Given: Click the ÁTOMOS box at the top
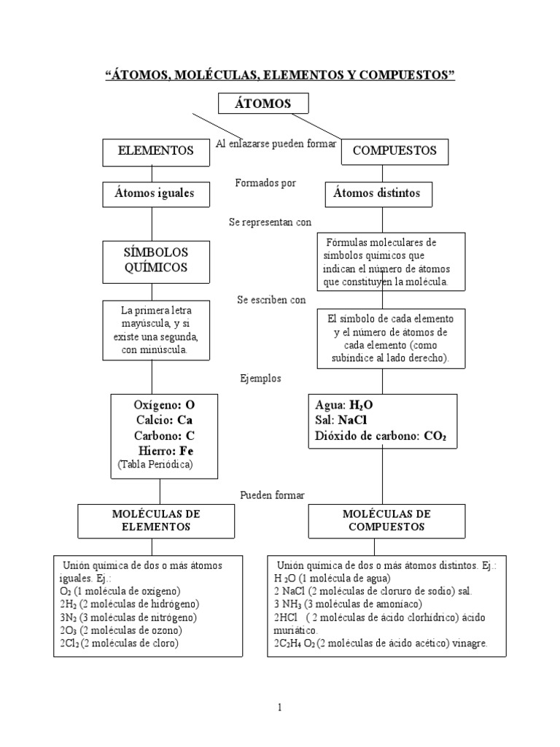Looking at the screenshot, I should tap(262, 104).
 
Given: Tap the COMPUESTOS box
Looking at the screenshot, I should tap(394, 151).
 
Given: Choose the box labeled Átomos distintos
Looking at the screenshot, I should tap(377, 194).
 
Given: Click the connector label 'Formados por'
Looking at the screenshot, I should tap(265, 183).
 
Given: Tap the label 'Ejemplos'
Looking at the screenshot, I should tap(260, 379).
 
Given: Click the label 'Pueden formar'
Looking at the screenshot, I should tap(272, 495).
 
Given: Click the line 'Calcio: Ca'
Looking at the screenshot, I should tap(165, 420).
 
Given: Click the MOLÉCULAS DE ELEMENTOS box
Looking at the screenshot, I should tap(152, 520).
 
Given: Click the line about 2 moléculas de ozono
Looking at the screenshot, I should tap(121, 630).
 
